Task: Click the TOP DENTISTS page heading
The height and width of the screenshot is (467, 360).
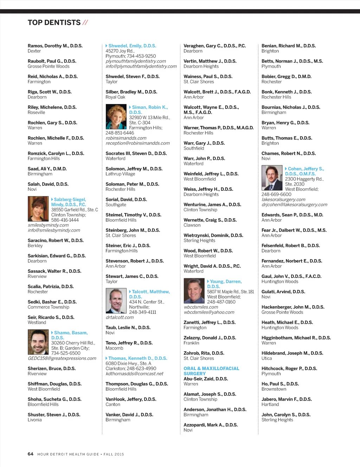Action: [x=54, y=23]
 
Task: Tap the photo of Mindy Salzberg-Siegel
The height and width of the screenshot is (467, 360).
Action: [x=38, y=208]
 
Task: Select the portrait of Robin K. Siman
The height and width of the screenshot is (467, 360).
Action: [x=116, y=117]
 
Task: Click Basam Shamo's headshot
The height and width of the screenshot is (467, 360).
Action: [x=38, y=342]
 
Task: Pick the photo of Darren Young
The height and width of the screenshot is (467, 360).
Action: [x=194, y=290]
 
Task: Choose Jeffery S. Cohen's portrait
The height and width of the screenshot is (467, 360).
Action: [x=272, y=178]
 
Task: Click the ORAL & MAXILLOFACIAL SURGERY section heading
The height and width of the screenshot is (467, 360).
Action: [x=211, y=371]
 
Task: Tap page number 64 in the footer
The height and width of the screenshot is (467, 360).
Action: [x=31, y=454]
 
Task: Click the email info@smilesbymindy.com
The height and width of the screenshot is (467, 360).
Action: [x=54, y=230]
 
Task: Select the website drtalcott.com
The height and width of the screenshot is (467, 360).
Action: [x=120, y=317]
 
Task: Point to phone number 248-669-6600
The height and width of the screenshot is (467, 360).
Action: [x=276, y=194]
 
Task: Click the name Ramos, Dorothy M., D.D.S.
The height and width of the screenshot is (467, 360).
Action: [x=55, y=46]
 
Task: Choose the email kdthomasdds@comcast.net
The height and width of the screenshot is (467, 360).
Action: [x=134, y=374]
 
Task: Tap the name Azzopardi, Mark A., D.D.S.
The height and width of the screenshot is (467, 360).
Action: [x=211, y=425]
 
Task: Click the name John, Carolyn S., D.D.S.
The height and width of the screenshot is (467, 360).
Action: [x=286, y=415]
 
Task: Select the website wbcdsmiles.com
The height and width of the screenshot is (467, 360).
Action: [x=201, y=307]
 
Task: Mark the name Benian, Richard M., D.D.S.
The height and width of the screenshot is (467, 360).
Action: [x=288, y=46]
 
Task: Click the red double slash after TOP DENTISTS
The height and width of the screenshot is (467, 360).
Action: [x=85, y=23]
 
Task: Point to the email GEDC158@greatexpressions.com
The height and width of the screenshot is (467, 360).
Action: [x=62, y=358]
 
